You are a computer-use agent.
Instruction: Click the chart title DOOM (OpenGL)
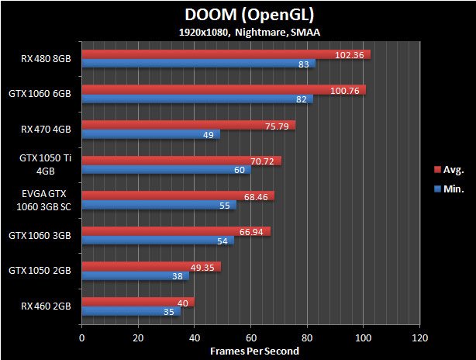pyautogui.click(x=238, y=15)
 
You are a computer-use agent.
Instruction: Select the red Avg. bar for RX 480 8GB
pyautogui.click(x=226, y=54)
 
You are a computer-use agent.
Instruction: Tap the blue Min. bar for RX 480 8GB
pyautogui.click(x=198, y=64)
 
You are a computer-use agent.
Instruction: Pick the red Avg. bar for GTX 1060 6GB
pyautogui.click(x=223, y=90)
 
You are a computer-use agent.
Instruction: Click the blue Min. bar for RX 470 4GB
pyautogui.click(x=150, y=134)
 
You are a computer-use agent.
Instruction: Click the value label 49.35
pyautogui.click(x=205, y=267)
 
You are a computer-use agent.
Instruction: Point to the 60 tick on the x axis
pyautogui.click(x=251, y=337)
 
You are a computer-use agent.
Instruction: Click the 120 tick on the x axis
pyautogui.click(x=420, y=337)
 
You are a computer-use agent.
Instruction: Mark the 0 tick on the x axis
pyautogui.click(x=81, y=337)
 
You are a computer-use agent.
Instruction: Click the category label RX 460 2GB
pyautogui.click(x=47, y=306)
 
